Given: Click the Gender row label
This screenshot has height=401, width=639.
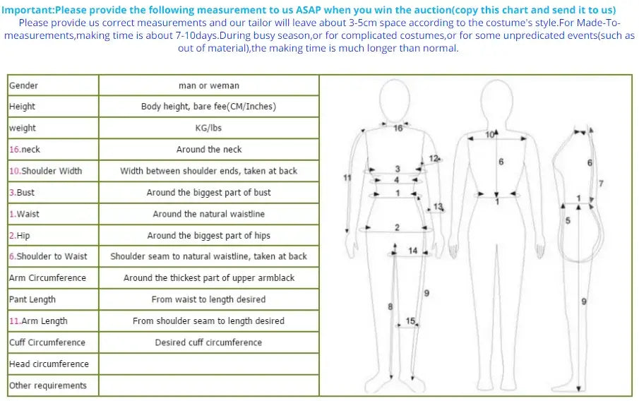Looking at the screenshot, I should (x=24, y=85).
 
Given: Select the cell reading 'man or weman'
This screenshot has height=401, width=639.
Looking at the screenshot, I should (x=208, y=85).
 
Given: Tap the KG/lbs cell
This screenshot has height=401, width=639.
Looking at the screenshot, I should (x=208, y=128).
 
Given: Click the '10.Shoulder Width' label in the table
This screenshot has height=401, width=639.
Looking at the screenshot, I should (x=45, y=171).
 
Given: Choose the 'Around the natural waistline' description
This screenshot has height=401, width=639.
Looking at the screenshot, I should (x=208, y=214).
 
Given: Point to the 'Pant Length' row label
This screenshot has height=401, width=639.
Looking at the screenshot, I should (x=32, y=299).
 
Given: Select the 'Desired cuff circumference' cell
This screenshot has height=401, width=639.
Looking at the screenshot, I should (x=208, y=342).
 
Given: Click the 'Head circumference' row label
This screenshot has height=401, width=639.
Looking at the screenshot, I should (x=49, y=364).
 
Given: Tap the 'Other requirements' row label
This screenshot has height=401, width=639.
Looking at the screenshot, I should (x=48, y=385).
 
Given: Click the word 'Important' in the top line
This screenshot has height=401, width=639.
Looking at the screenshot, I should (x=27, y=10).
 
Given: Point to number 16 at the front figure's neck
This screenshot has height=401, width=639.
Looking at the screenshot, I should (x=398, y=128).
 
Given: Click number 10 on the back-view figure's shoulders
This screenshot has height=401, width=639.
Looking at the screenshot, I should (x=490, y=134).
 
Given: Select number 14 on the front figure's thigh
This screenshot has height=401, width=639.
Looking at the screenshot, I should (x=413, y=251).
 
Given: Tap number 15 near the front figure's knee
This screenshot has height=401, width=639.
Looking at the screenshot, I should (x=410, y=321).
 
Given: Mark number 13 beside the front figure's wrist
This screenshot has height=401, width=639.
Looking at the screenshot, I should (x=438, y=207).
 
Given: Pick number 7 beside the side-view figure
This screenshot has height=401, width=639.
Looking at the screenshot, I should (x=601, y=184).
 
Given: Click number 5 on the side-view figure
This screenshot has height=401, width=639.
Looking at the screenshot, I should (x=568, y=221).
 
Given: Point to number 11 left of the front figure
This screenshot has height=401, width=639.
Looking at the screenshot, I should (x=347, y=177).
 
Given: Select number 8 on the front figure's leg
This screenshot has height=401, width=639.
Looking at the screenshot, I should (x=390, y=306).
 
